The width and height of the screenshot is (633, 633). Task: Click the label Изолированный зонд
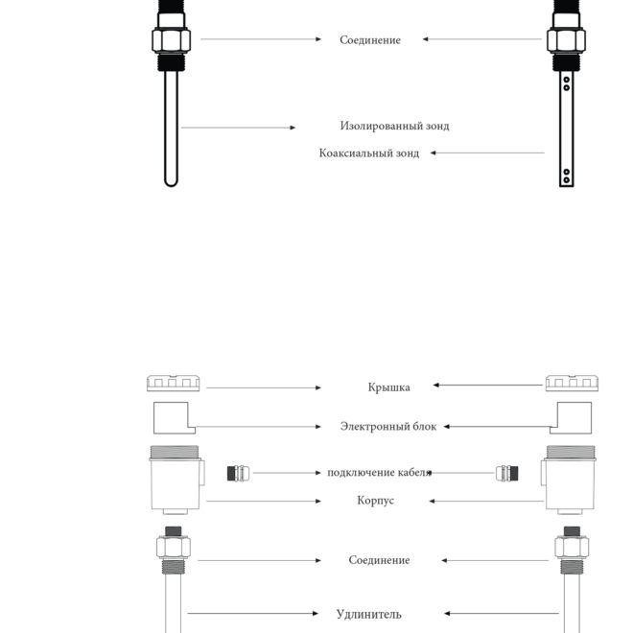[394, 126]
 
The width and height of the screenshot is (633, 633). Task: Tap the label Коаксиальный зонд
[369, 153]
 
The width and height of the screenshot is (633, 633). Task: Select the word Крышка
[388, 387]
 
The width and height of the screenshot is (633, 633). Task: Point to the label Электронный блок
[388, 426]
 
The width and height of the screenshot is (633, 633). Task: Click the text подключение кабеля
[380, 473]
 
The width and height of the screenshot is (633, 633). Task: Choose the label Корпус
[375, 501]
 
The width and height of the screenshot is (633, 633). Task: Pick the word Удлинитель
[369, 615]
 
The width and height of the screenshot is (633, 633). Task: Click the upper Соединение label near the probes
[370, 40]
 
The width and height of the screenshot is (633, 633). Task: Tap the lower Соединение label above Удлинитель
[379, 560]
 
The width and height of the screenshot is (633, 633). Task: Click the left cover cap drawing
[174, 383]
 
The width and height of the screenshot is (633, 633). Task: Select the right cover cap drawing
[572, 383]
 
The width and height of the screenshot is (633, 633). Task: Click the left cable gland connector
[238, 473]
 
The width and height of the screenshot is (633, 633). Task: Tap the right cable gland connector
[507, 473]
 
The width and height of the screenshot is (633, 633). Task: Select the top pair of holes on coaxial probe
[567, 83]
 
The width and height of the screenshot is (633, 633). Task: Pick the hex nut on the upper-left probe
[171, 40]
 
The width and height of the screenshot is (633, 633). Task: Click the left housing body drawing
[176, 480]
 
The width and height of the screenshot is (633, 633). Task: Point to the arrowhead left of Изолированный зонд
[293, 128]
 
